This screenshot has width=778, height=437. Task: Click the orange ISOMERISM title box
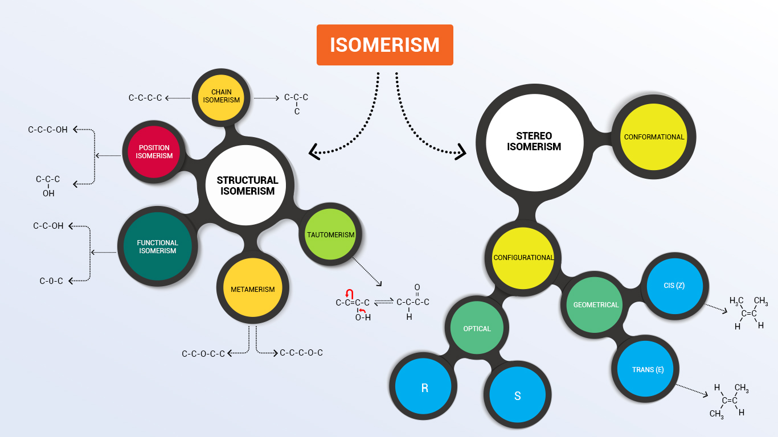[x=385, y=45]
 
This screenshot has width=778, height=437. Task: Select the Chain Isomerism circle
[x=222, y=96]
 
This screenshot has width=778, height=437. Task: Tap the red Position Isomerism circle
[x=154, y=152]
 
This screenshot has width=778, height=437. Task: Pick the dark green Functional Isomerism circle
[x=158, y=247]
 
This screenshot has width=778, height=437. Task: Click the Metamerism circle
[x=253, y=290]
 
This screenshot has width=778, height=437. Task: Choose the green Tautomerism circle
[x=330, y=235]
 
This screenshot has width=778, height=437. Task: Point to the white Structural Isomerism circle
[x=248, y=185]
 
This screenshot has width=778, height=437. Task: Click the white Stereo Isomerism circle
[x=534, y=141]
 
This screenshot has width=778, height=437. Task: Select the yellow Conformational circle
[x=654, y=137]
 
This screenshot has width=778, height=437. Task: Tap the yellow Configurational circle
[x=523, y=258]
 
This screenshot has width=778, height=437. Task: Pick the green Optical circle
[x=477, y=329]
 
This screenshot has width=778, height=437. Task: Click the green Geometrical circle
[x=596, y=305]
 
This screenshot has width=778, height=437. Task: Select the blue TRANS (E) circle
[x=648, y=370]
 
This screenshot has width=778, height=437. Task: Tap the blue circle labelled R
[x=424, y=389]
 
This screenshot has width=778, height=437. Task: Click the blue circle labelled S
[x=517, y=396]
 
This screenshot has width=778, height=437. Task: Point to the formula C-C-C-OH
[x=48, y=130]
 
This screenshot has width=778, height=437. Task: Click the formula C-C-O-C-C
[x=203, y=354]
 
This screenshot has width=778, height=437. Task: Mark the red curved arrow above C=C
[x=350, y=293]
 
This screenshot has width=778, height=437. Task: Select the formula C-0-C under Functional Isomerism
[x=51, y=281]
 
